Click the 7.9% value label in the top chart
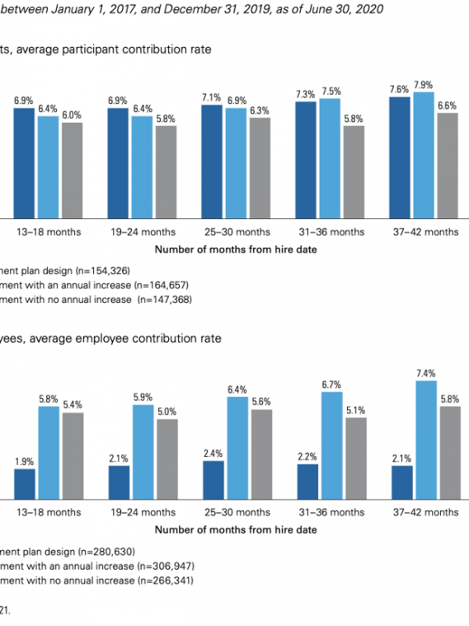click(424, 85)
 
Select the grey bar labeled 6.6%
click(446, 165)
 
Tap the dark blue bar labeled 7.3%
click(306, 159)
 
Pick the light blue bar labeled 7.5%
click(330, 157)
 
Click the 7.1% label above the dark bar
click(212, 97)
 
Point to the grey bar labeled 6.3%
click(258, 167)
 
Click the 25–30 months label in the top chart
click(235, 232)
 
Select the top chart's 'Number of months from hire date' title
click(235, 250)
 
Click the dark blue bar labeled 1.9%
click(24, 484)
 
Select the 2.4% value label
click(213, 453)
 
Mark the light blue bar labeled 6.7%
click(331, 445)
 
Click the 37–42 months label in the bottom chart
click(426, 512)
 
